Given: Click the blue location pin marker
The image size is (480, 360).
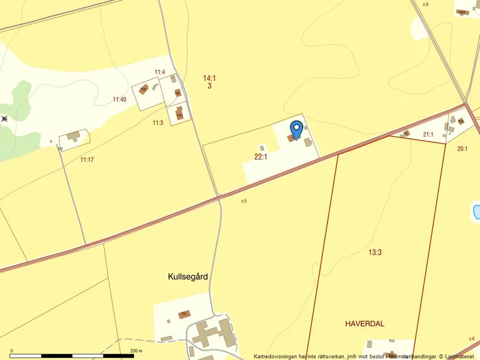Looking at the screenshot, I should point(296,129).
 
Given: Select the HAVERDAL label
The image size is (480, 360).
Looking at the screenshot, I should point(365,324).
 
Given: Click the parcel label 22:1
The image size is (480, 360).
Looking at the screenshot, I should point(261,156).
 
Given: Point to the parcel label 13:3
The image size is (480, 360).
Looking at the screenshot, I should point(375,252).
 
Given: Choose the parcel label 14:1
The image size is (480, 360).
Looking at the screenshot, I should point(209,78).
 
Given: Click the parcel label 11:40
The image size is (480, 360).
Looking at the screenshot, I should point(119,100).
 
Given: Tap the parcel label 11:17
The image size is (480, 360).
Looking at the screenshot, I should point(87,159).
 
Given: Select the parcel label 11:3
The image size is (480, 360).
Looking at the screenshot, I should point(158,123).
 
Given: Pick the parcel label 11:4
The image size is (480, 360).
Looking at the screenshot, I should point(160,72).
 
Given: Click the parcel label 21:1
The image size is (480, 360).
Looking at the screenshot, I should point(428,135).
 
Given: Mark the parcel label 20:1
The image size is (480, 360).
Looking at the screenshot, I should point(463,149).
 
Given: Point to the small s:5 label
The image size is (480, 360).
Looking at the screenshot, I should point(244,201).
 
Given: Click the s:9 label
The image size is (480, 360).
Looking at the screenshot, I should point(425,5).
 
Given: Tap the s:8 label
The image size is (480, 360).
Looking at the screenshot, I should point(472,338).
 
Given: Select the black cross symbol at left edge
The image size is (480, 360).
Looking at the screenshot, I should point(5,119).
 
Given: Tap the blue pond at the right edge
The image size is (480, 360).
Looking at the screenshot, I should point(477,211).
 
